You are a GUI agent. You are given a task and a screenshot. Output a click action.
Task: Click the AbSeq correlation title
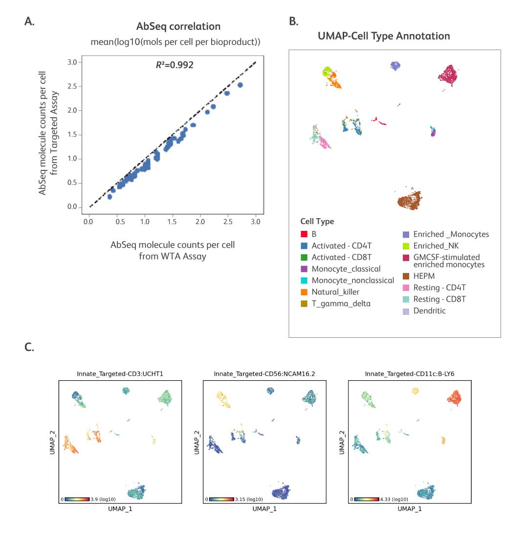click(x=178, y=26)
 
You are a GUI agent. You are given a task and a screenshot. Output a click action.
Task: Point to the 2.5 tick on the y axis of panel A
click(x=72, y=86)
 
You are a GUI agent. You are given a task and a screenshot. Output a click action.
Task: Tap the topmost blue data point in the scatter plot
click(x=240, y=85)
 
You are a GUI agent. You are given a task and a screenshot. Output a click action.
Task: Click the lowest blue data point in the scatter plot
click(x=110, y=197)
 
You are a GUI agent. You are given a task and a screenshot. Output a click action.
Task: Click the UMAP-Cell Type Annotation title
click(x=384, y=36)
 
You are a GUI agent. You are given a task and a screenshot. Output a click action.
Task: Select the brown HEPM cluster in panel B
click(x=409, y=201)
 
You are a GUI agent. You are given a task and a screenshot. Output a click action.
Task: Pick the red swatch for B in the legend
click(x=304, y=234)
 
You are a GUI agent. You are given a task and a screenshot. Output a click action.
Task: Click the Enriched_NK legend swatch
click(x=405, y=246)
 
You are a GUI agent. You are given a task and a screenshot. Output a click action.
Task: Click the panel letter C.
click(x=29, y=347)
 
